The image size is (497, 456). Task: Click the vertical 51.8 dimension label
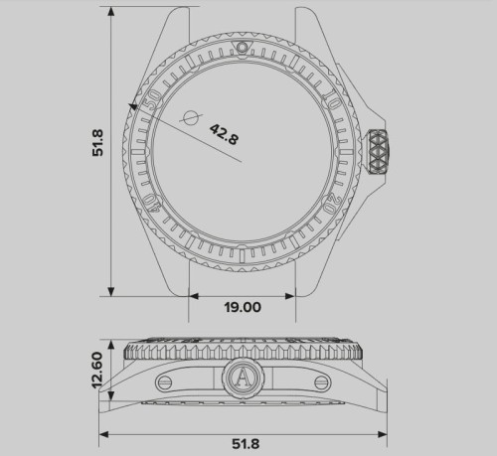(x=98, y=143)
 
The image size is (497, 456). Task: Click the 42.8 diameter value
(x=224, y=134)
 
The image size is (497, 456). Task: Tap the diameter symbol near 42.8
(x=191, y=117)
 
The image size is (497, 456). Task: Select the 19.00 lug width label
(x=243, y=307)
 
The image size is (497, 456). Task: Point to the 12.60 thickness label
(x=97, y=370)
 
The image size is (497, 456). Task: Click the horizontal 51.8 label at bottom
(x=246, y=444)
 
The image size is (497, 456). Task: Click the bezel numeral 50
(x=153, y=99)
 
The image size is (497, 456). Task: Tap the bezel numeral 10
(x=332, y=100)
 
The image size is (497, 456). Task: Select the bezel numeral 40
(x=152, y=203)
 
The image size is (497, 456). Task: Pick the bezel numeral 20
(x=331, y=203)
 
